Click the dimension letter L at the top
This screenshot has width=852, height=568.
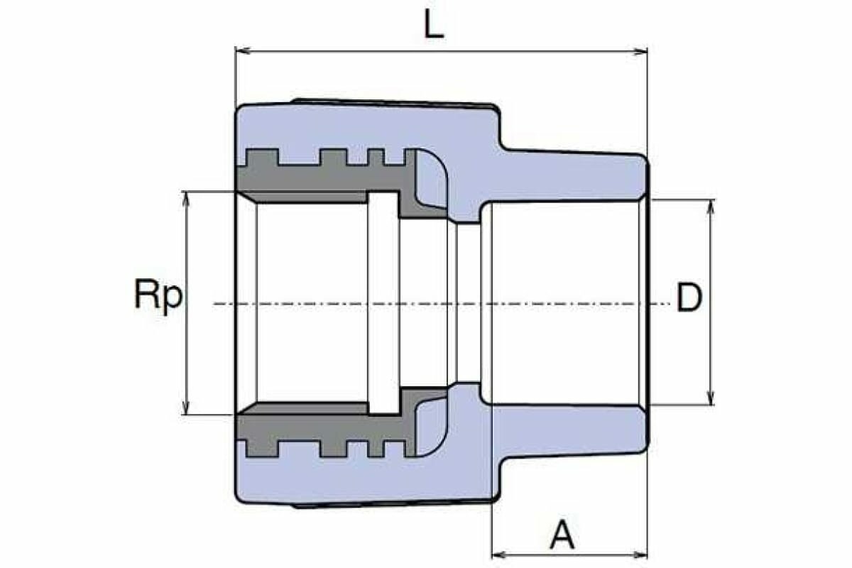coord(434,26)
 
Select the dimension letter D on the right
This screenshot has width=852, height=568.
coord(689,298)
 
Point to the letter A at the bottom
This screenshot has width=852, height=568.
coord(563,535)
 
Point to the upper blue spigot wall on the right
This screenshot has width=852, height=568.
coord(568,177)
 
